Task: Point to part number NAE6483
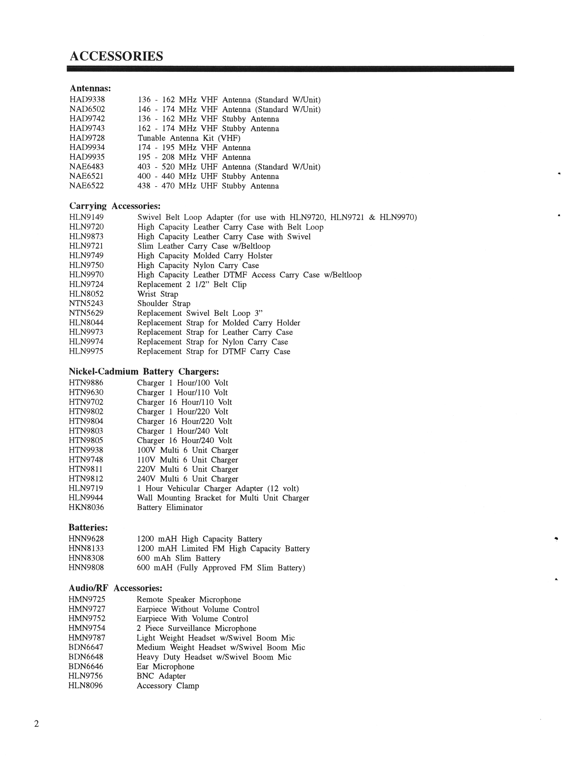(x=87, y=167)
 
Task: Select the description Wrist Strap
(x=158, y=294)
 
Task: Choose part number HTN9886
(x=86, y=383)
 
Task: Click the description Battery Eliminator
(x=170, y=508)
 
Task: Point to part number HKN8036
(x=86, y=508)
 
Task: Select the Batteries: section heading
(x=88, y=527)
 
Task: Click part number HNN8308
(x=86, y=558)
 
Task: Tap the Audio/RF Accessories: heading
(x=115, y=588)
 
